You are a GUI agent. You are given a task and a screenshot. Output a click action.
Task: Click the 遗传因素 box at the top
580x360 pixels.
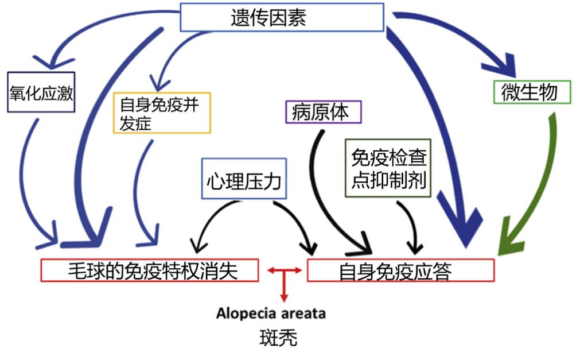[x=282, y=17]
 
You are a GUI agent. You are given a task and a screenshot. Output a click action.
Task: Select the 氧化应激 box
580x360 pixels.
[x=41, y=92]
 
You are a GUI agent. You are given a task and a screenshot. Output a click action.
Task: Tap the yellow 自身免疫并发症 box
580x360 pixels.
[x=162, y=113]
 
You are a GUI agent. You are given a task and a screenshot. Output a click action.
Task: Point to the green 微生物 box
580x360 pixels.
[x=532, y=92]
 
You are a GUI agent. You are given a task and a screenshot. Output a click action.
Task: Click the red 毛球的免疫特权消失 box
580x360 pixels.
[x=149, y=270]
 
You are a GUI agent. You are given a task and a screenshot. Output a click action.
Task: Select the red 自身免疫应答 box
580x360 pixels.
[x=400, y=270]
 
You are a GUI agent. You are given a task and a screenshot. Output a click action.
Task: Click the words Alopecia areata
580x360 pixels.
[x=271, y=313]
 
